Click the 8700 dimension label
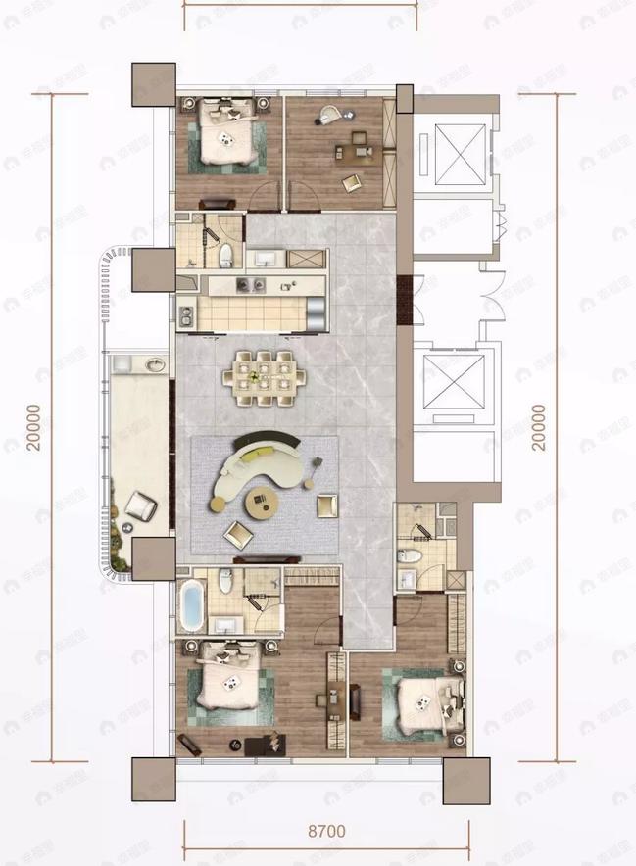(x=326, y=832)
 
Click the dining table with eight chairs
(x=265, y=373)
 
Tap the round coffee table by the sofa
(x=263, y=505)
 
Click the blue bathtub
(x=191, y=607)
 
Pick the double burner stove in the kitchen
(x=246, y=285)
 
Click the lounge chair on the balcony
(x=140, y=505)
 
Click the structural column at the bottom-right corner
(x=465, y=781)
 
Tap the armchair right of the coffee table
(x=326, y=505)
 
